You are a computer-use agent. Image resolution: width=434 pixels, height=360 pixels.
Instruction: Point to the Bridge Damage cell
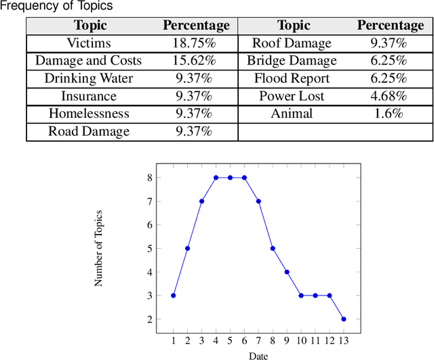pyautogui.click(x=292, y=60)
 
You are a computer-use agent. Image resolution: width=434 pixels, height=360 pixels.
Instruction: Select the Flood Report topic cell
pyautogui.click(x=292, y=78)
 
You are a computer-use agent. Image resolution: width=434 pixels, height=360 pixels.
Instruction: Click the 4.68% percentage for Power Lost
pyautogui.click(x=390, y=96)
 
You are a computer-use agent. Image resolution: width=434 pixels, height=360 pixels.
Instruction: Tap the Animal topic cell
pyautogui.click(x=292, y=113)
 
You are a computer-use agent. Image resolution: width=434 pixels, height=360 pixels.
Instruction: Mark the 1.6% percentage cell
pyautogui.click(x=390, y=113)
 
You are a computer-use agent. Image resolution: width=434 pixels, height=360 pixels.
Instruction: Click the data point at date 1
pyautogui.click(x=174, y=296)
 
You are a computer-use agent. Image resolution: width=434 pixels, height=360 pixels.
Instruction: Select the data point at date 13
pyautogui.click(x=343, y=319)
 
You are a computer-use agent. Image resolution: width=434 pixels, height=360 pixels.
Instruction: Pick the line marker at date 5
pyautogui.click(x=230, y=178)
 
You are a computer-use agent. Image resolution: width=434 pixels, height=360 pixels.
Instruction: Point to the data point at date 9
pyautogui.click(x=287, y=272)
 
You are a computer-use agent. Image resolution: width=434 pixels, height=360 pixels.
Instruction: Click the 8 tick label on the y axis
pyautogui.click(x=149, y=178)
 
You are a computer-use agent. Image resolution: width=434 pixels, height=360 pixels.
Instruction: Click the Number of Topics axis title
pyautogui.click(x=99, y=248)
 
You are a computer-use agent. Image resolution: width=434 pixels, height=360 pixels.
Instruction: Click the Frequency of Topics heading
pyautogui.click(x=56, y=6)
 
